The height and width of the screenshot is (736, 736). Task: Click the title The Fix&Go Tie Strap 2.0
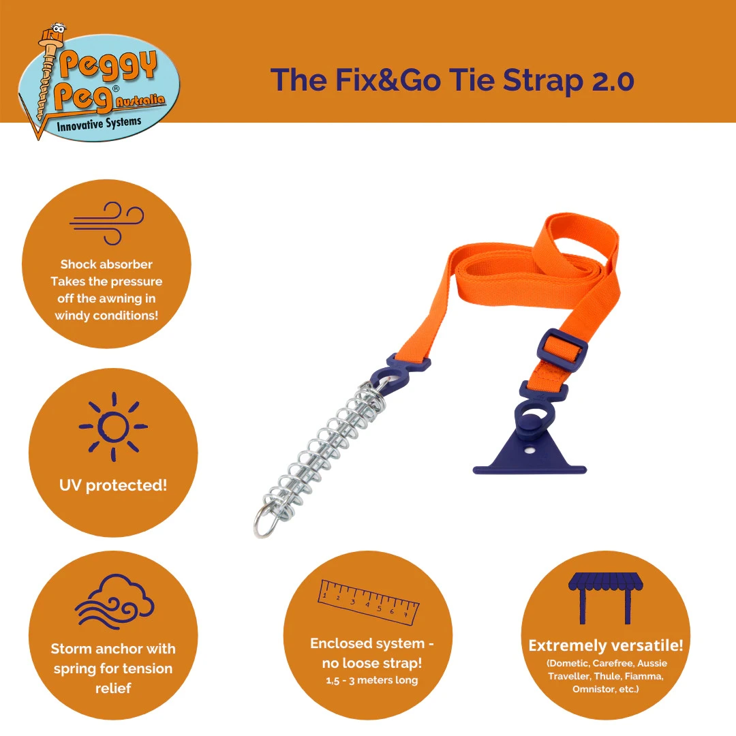(x=452, y=80)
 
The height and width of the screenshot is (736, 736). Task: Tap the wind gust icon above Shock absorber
(x=107, y=222)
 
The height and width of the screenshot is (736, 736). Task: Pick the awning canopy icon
(x=605, y=597)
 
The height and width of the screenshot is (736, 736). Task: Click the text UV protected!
(x=113, y=485)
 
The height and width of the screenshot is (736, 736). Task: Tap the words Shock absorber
(x=106, y=264)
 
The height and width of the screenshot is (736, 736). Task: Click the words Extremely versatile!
(x=605, y=645)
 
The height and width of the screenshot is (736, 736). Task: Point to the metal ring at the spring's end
(x=265, y=525)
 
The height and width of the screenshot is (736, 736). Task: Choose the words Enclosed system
(x=372, y=643)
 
